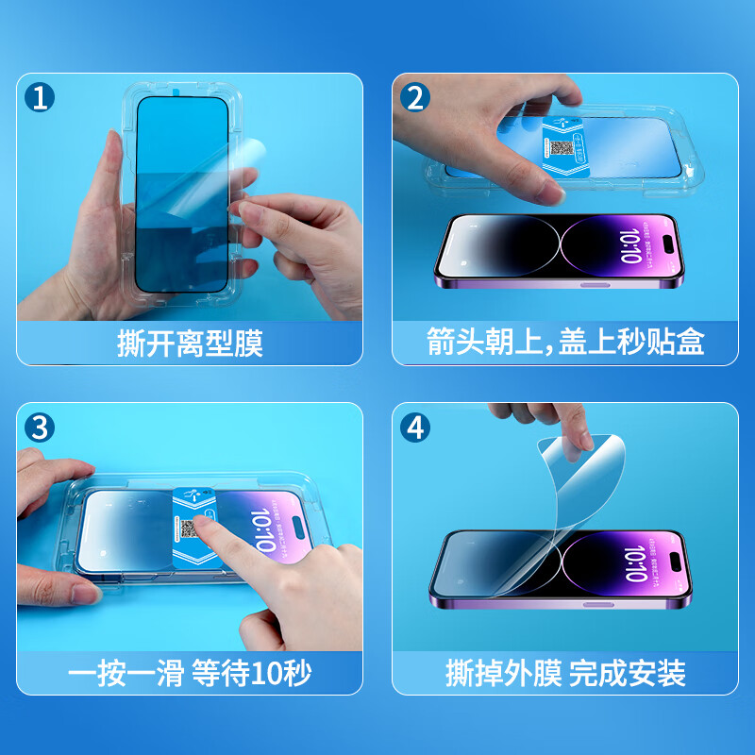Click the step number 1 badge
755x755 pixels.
pyautogui.click(x=38, y=97)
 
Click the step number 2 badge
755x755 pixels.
pyautogui.click(x=414, y=97)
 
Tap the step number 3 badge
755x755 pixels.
pyautogui.click(x=38, y=428)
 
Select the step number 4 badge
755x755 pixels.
pyautogui.click(x=414, y=428)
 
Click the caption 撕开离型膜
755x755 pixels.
pyautogui.click(x=190, y=343)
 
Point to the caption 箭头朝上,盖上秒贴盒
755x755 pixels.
pyautogui.click(x=565, y=343)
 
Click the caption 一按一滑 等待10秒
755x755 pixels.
pyautogui.click(x=190, y=673)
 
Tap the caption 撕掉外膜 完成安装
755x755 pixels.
pyautogui.click(x=565, y=673)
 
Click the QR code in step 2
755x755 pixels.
pyautogui.click(x=562, y=149)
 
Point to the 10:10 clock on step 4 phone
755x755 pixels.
pyautogui.click(x=634, y=564)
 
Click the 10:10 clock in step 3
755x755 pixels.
pyautogui.click(x=263, y=531)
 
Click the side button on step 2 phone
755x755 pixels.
pyautogui.click(x=589, y=283)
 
